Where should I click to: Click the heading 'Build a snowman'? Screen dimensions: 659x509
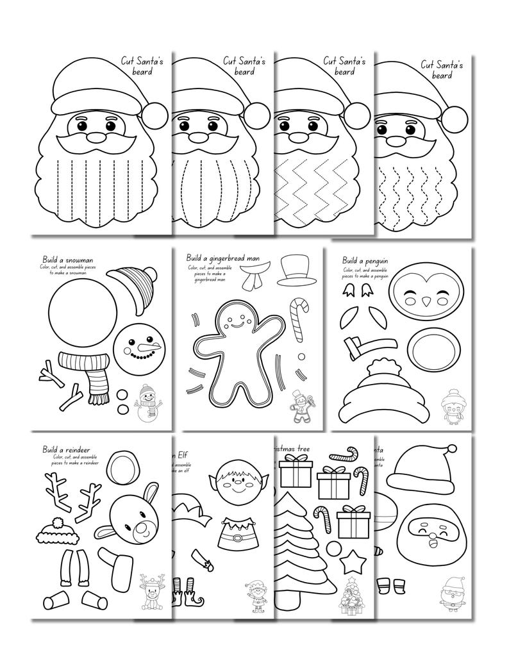click(x=68, y=260)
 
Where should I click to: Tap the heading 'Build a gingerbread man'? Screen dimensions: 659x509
click(x=219, y=258)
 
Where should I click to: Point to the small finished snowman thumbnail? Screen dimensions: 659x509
click(x=147, y=405)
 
